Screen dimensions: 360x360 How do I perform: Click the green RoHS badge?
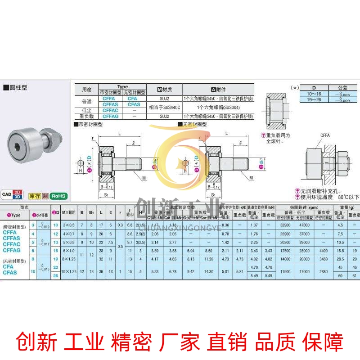pos(58,196)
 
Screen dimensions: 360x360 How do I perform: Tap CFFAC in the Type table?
pos(110,110)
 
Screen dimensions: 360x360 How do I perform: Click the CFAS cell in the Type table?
pos(134,104)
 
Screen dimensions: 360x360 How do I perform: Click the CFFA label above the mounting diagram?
pos(325,135)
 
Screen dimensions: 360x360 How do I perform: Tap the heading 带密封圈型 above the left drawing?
pos(91,123)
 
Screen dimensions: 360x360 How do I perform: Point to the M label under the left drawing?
pos(144,178)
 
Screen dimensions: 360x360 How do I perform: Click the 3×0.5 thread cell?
pos(68,225)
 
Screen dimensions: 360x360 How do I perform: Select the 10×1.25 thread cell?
pos(69,271)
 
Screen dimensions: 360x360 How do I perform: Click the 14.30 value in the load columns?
pos(208,271)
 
